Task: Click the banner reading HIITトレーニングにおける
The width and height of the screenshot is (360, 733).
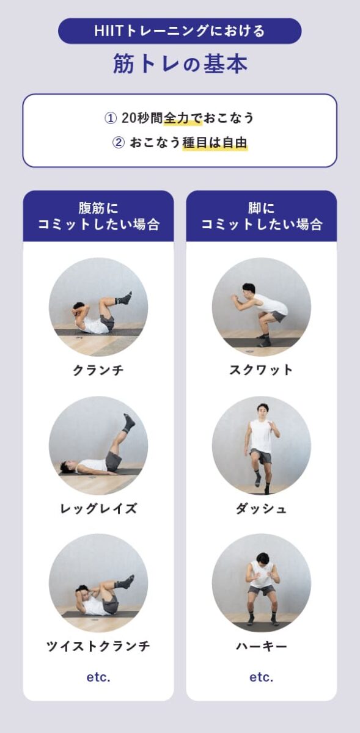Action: (x=180, y=31)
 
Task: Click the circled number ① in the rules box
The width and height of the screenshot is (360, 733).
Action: (x=110, y=119)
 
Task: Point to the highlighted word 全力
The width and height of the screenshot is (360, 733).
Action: (x=176, y=119)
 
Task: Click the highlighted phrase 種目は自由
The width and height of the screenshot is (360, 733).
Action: (x=215, y=144)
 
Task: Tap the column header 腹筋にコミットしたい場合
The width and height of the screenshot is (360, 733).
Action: (x=98, y=216)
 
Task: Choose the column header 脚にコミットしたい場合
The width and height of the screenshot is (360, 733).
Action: (x=261, y=216)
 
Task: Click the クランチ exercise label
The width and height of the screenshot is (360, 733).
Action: (x=98, y=370)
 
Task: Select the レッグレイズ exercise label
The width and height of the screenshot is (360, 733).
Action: (x=98, y=508)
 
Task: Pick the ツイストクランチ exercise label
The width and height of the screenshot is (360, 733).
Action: (x=98, y=646)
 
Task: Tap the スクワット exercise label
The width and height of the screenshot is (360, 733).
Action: (x=261, y=370)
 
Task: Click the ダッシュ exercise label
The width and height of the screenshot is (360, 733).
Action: (x=261, y=508)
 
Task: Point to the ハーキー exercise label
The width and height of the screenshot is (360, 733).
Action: (x=261, y=646)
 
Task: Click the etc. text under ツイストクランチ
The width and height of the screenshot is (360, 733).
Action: (x=98, y=677)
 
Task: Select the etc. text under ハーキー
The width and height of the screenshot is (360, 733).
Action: (x=261, y=677)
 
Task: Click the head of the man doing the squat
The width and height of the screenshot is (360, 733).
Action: (x=247, y=289)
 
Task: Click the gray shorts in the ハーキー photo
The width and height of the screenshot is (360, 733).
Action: (x=262, y=590)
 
